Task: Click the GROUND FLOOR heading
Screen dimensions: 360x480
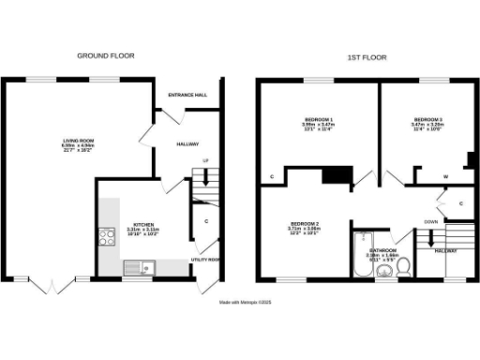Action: click(105, 56)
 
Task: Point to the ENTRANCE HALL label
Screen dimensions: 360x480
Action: click(187, 96)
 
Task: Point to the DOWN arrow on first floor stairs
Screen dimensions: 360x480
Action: click(431, 235)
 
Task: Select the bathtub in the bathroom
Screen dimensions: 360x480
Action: click(362, 256)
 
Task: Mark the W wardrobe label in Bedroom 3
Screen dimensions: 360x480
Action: click(445, 175)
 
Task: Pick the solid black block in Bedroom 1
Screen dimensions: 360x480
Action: click(336, 175)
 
